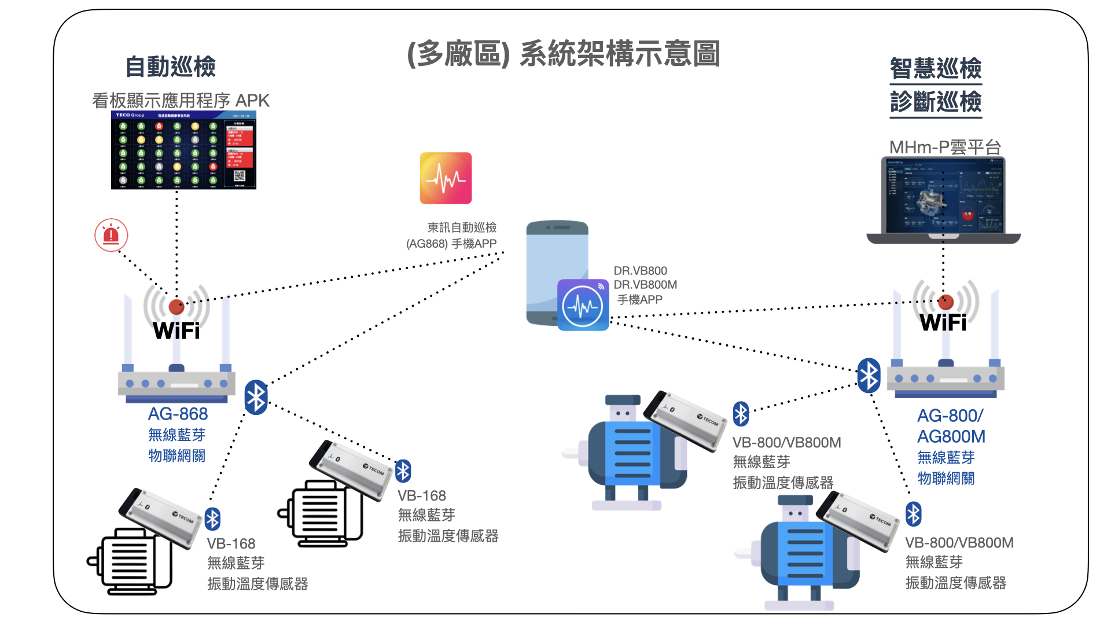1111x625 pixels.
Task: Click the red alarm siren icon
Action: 111,235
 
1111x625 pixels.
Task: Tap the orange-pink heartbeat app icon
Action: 446,178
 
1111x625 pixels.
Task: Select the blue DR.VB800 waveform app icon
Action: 583,305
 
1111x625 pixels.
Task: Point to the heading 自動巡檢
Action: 171,67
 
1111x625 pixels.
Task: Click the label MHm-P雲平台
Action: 945,147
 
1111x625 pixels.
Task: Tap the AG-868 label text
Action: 178,414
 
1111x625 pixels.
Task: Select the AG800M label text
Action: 951,436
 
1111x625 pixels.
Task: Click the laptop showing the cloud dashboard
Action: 943,200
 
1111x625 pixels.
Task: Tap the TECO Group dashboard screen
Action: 183,150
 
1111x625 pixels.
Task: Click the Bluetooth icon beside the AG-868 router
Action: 256,398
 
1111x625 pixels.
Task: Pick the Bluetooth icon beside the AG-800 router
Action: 869,376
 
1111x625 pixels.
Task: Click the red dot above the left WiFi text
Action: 176,306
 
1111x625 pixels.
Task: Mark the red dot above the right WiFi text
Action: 946,302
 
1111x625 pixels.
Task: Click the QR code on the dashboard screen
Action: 240,176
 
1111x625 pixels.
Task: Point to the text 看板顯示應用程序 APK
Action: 181,101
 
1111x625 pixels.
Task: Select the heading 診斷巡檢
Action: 936,102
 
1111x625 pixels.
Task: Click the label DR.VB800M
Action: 645,285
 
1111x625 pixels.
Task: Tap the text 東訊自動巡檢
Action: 462,227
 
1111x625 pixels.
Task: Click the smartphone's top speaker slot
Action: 558,227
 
